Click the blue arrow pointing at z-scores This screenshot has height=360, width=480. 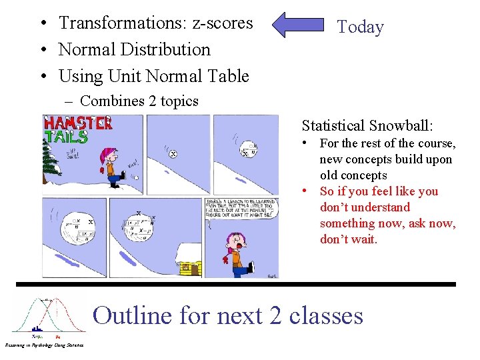(x=299, y=25)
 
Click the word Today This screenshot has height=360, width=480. (x=360, y=27)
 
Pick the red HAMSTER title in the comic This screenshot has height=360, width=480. (x=78, y=123)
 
